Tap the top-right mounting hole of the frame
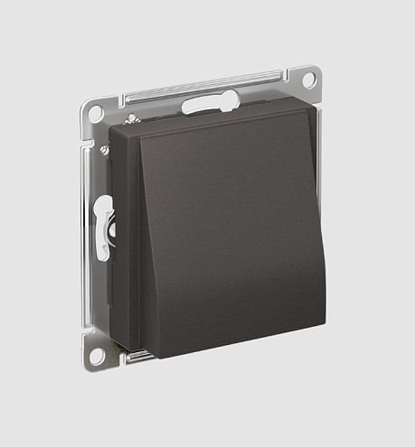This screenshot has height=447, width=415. [308, 79]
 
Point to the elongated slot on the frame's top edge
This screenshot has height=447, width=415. [209, 105]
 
